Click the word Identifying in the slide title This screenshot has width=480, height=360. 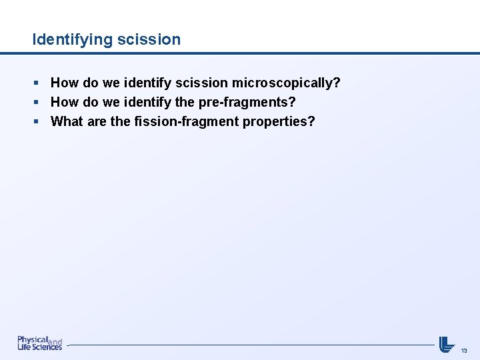pos(72,39)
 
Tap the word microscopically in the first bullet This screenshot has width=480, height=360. pos(285,83)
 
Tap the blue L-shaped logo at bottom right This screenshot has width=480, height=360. pos(446,344)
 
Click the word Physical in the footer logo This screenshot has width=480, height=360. pos(33,339)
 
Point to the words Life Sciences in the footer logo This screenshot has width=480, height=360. pos(39,347)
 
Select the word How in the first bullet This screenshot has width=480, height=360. pos(65,83)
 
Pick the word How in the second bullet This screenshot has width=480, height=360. pos(65,102)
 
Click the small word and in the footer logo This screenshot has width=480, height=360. pos(55,341)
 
